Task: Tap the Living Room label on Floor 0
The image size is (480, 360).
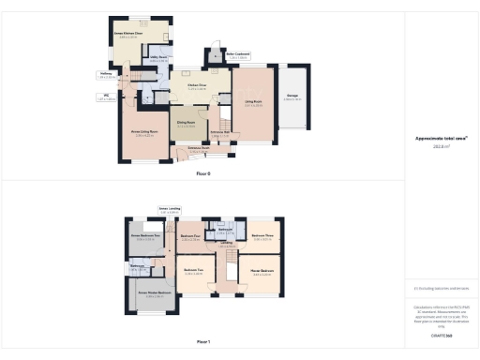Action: (253, 103)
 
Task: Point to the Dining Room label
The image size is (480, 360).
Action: (186, 121)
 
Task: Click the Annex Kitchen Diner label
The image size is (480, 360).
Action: (130, 35)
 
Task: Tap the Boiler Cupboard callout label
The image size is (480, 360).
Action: (236, 55)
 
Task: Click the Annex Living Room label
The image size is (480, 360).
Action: (142, 132)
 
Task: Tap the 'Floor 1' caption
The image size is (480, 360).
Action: (203, 341)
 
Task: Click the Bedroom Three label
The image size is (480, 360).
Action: (262, 235)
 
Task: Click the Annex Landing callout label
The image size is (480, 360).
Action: (169, 209)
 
